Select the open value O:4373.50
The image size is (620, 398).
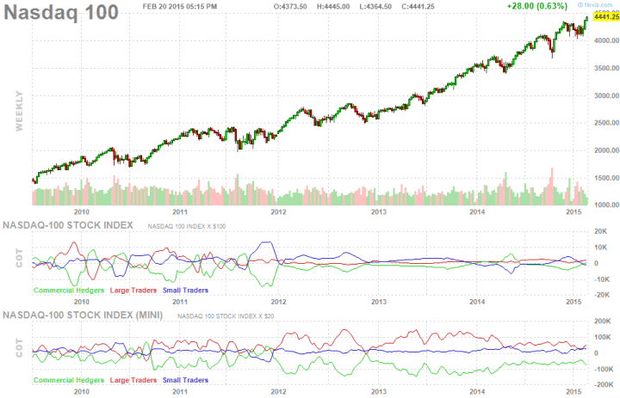click(289, 6)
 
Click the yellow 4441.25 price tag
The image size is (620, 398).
click(602, 16)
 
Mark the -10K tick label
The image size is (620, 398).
click(602, 279)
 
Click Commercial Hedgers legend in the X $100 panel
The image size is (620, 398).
click(69, 291)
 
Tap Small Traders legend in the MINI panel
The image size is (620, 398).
click(183, 380)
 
